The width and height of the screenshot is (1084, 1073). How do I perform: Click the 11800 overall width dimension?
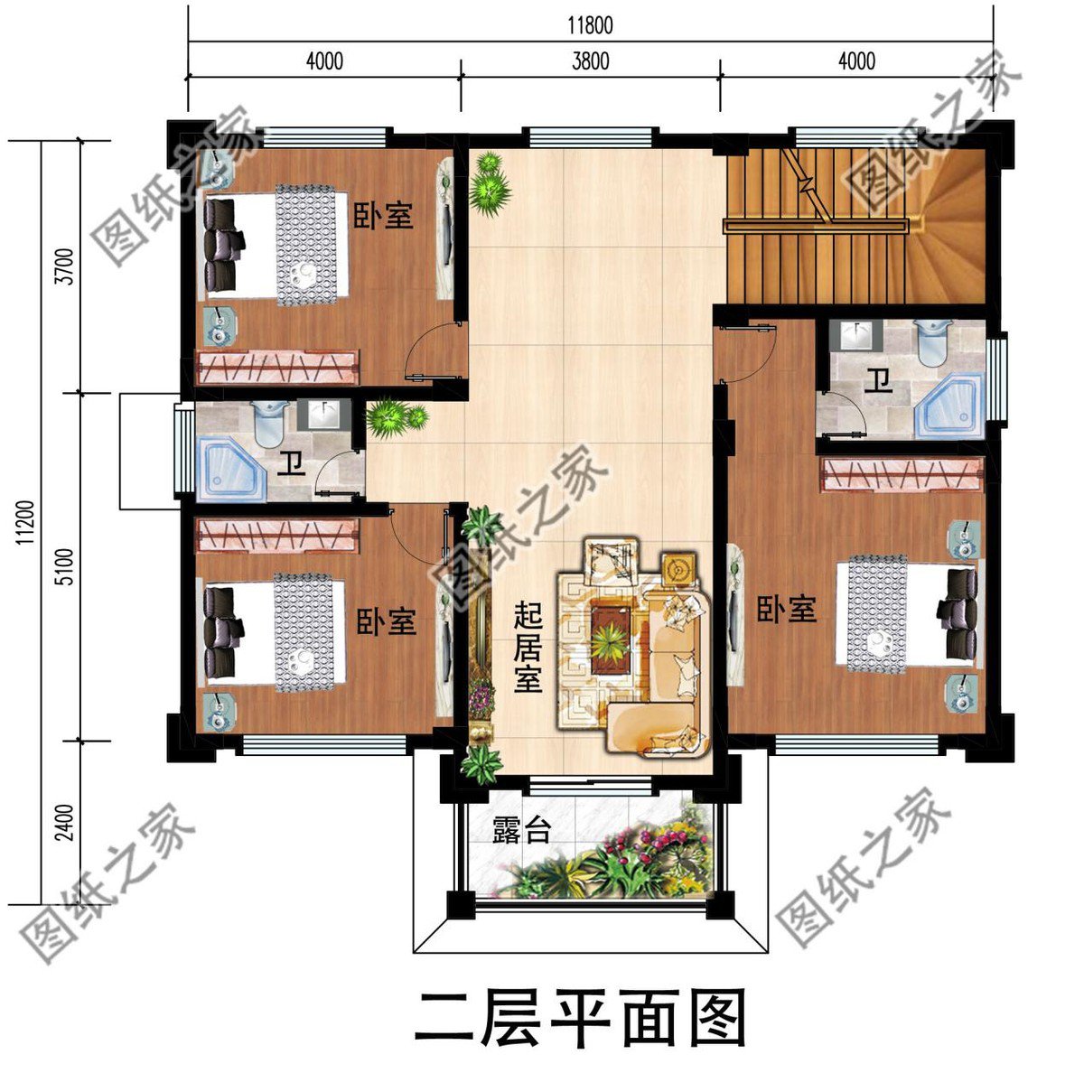[590, 24]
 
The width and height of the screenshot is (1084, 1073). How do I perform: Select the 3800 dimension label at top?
[590, 61]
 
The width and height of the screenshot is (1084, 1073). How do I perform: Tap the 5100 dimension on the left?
[63, 566]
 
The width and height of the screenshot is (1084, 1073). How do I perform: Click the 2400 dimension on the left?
[63, 822]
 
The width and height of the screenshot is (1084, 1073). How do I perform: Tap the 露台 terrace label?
[521, 829]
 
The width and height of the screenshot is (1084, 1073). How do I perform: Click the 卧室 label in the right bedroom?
[786, 610]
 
